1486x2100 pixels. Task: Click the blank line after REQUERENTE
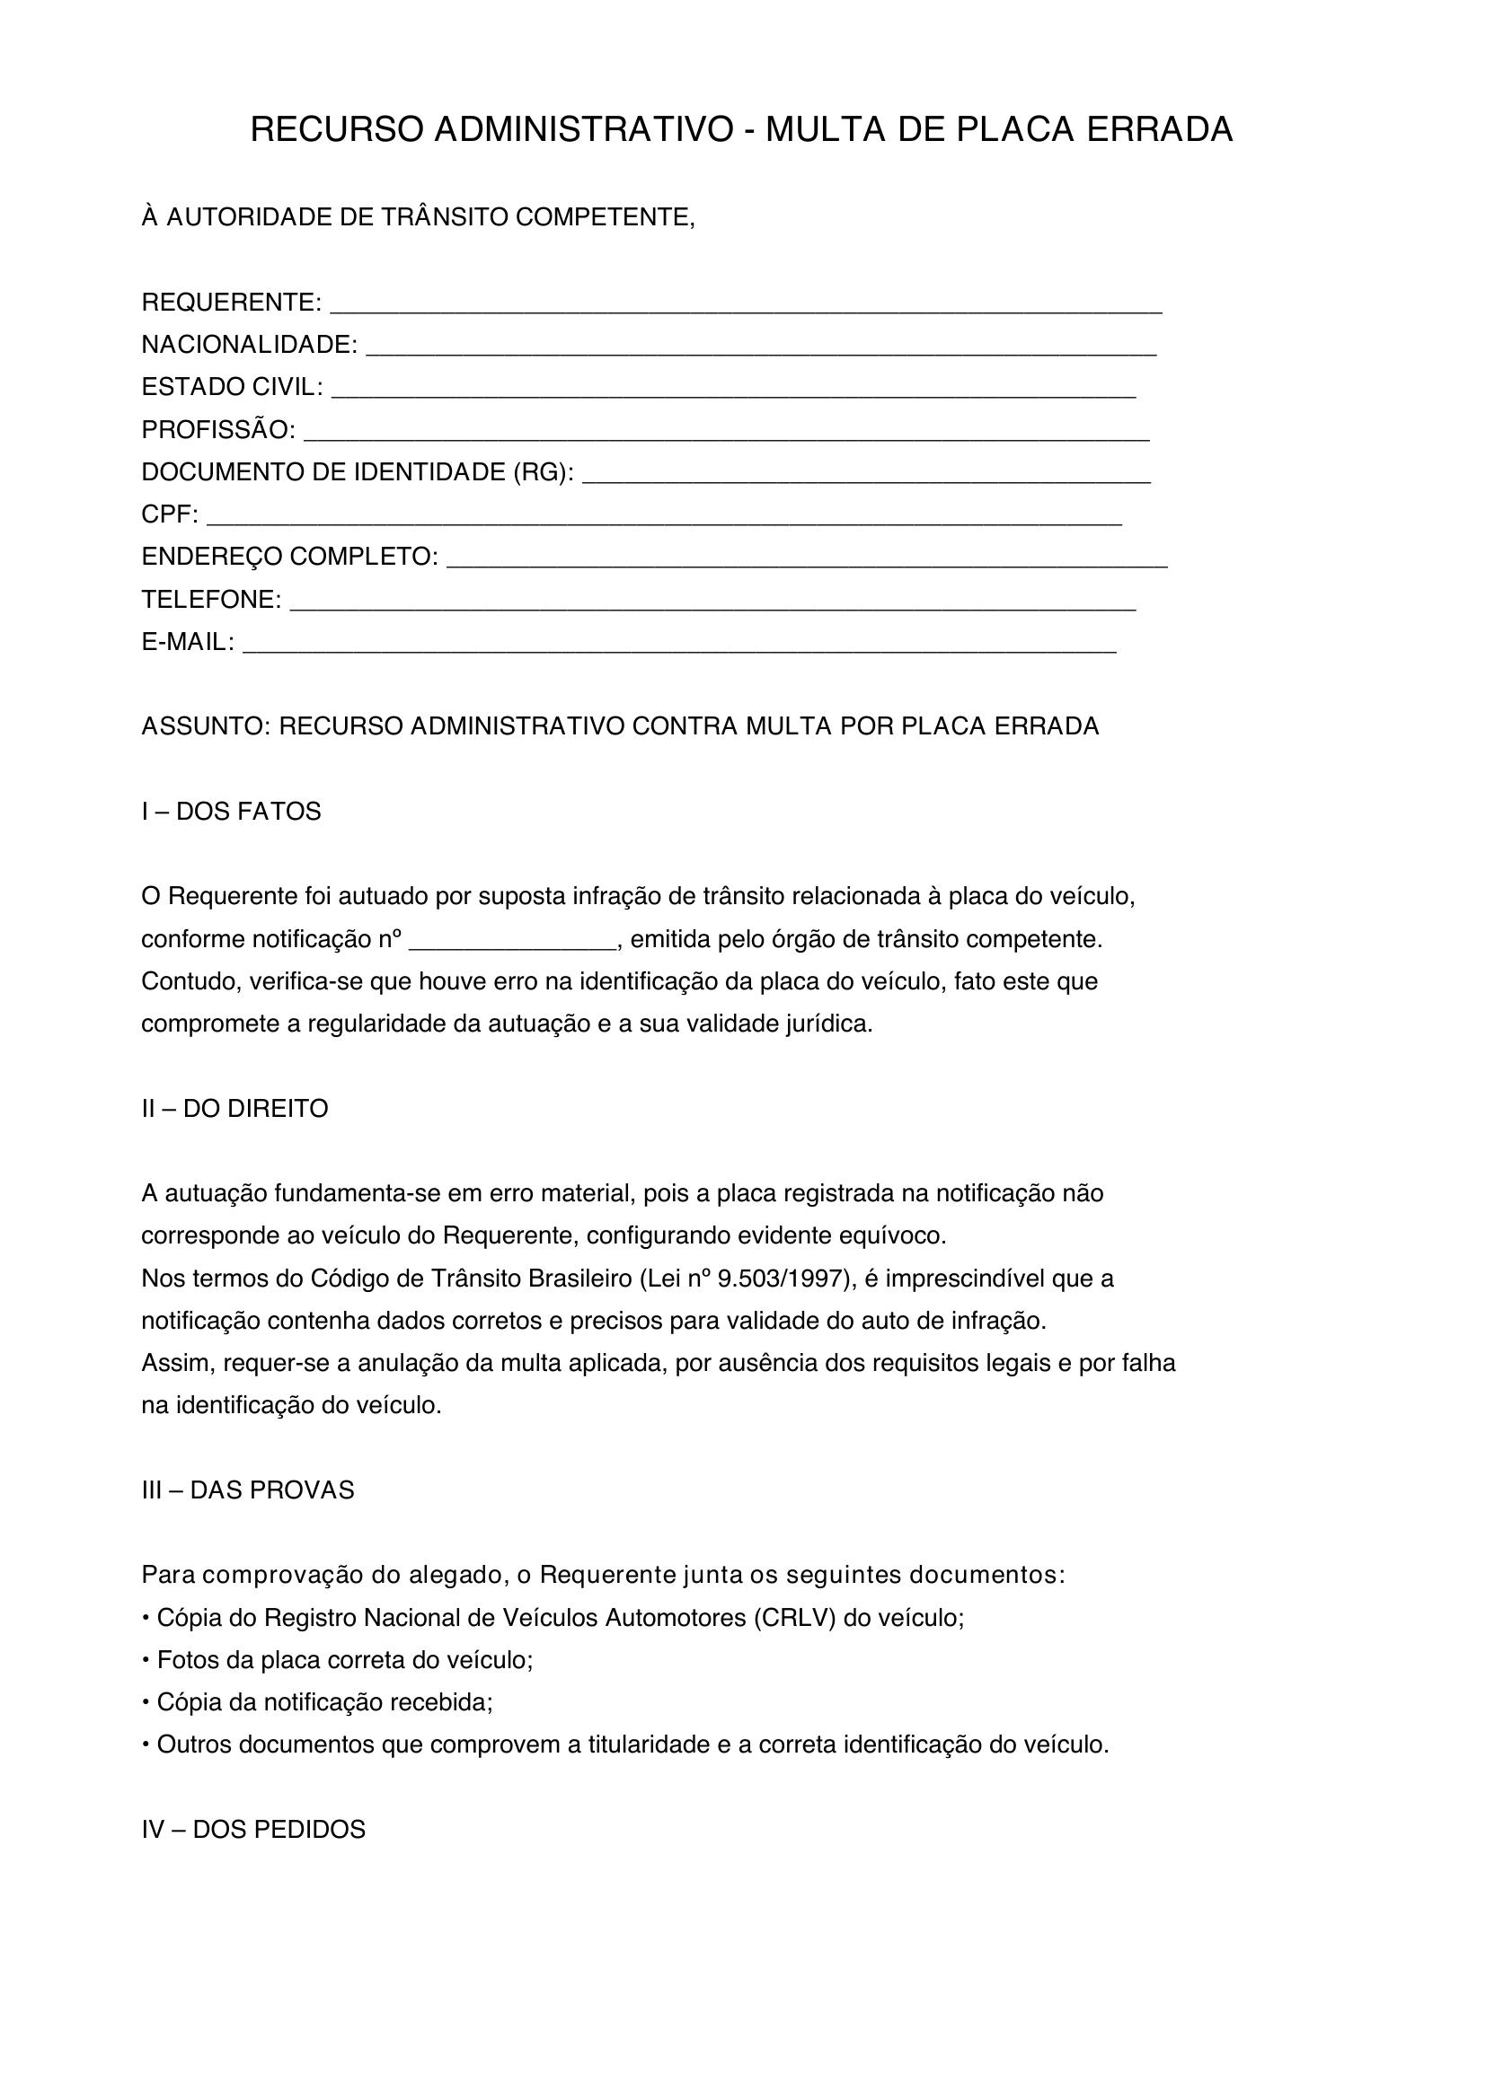point(745,309)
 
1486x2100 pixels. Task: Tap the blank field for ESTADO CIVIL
point(733,394)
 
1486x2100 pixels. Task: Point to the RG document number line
point(865,479)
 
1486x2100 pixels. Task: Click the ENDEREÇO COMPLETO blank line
point(806,565)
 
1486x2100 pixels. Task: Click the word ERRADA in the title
point(1159,130)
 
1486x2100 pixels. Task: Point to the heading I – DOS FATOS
point(232,812)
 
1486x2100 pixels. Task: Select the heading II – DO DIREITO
point(234,1109)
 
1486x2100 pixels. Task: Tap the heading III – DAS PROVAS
point(247,1490)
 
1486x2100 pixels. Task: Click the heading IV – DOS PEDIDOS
point(253,1829)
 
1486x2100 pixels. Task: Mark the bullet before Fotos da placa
point(146,1660)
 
